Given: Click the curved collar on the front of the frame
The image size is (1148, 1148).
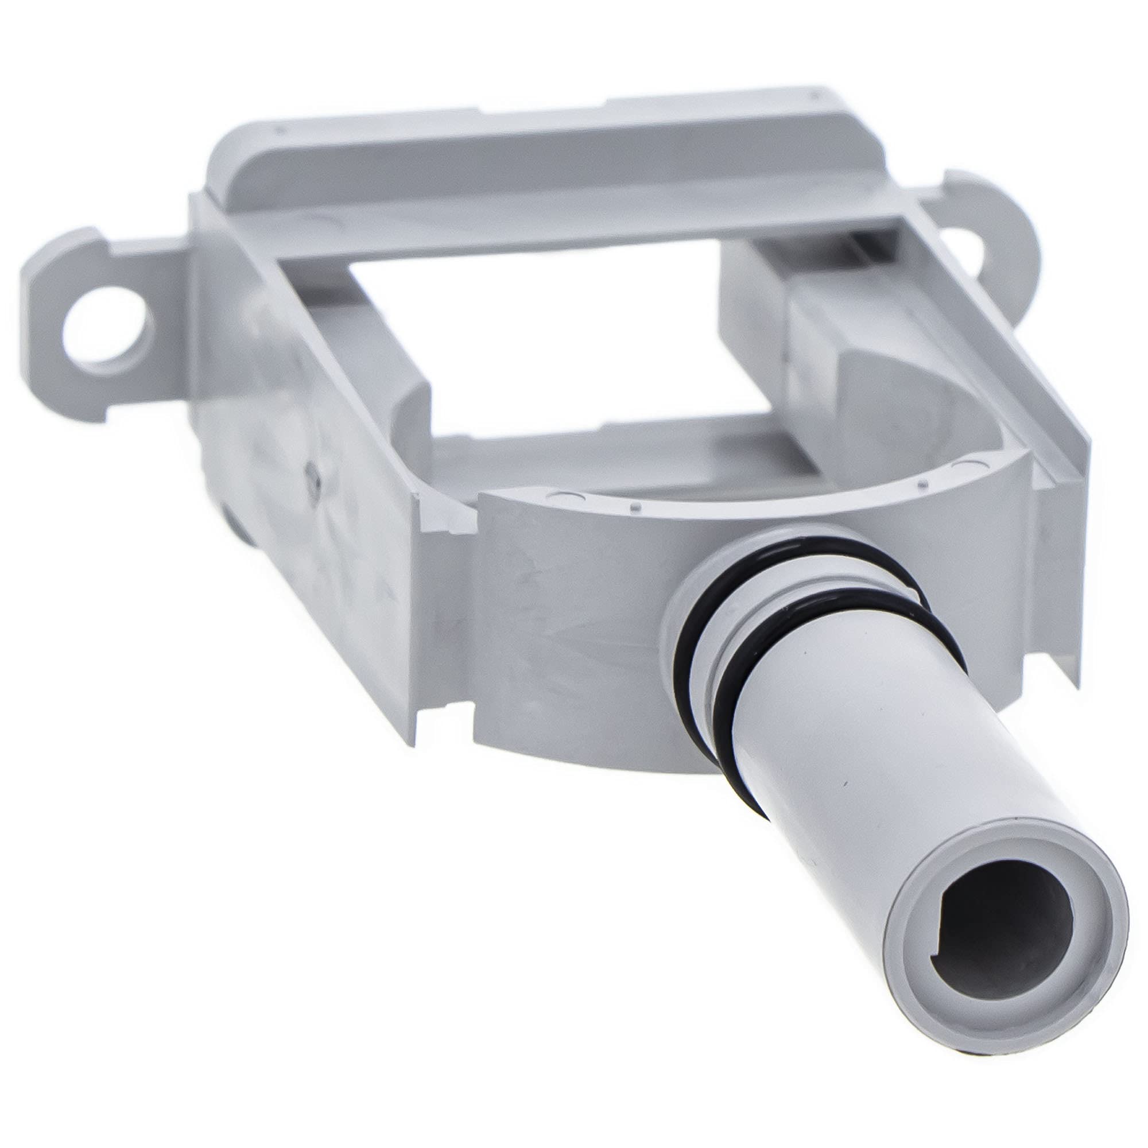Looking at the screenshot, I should pyautogui.click(x=564, y=624).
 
